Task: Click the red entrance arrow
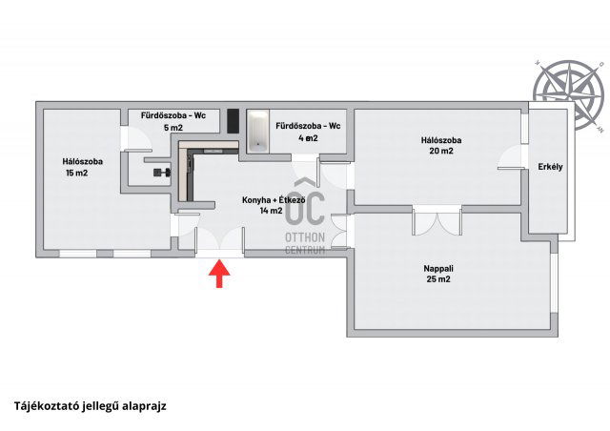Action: coord(220,275)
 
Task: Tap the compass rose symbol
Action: coord(569,92)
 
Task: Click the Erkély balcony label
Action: coord(550,167)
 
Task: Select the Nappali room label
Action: coord(437,269)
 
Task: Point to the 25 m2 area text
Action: coord(437,280)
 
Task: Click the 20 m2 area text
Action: coord(441,151)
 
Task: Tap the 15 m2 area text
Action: coord(76,173)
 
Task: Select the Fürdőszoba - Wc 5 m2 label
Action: coord(173,120)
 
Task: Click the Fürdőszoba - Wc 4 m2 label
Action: coord(308,132)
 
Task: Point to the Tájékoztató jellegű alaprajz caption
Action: coord(91,404)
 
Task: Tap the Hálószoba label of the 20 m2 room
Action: coord(441,139)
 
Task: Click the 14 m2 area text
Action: coord(271,211)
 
